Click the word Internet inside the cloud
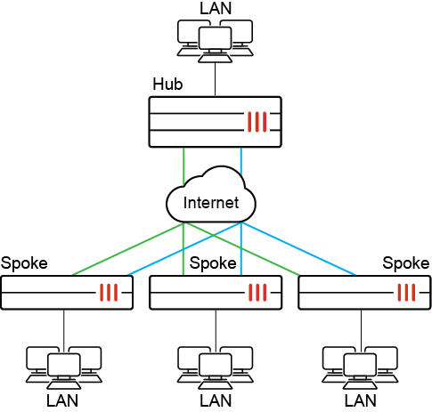pyautogui.click(x=211, y=202)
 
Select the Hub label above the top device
pyautogui.click(x=167, y=85)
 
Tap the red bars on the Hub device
pyautogui.click(x=258, y=121)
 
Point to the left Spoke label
pyautogui.click(x=24, y=263)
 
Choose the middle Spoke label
pyautogui.click(x=213, y=263)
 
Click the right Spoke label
pyautogui.click(x=406, y=263)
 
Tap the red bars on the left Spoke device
pyautogui.click(x=110, y=292)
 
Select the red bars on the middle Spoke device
pyautogui.click(x=258, y=292)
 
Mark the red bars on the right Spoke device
pyautogui.click(x=407, y=292)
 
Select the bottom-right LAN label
pyautogui.click(x=362, y=401)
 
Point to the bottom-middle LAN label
pyautogui.click(x=213, y=401)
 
